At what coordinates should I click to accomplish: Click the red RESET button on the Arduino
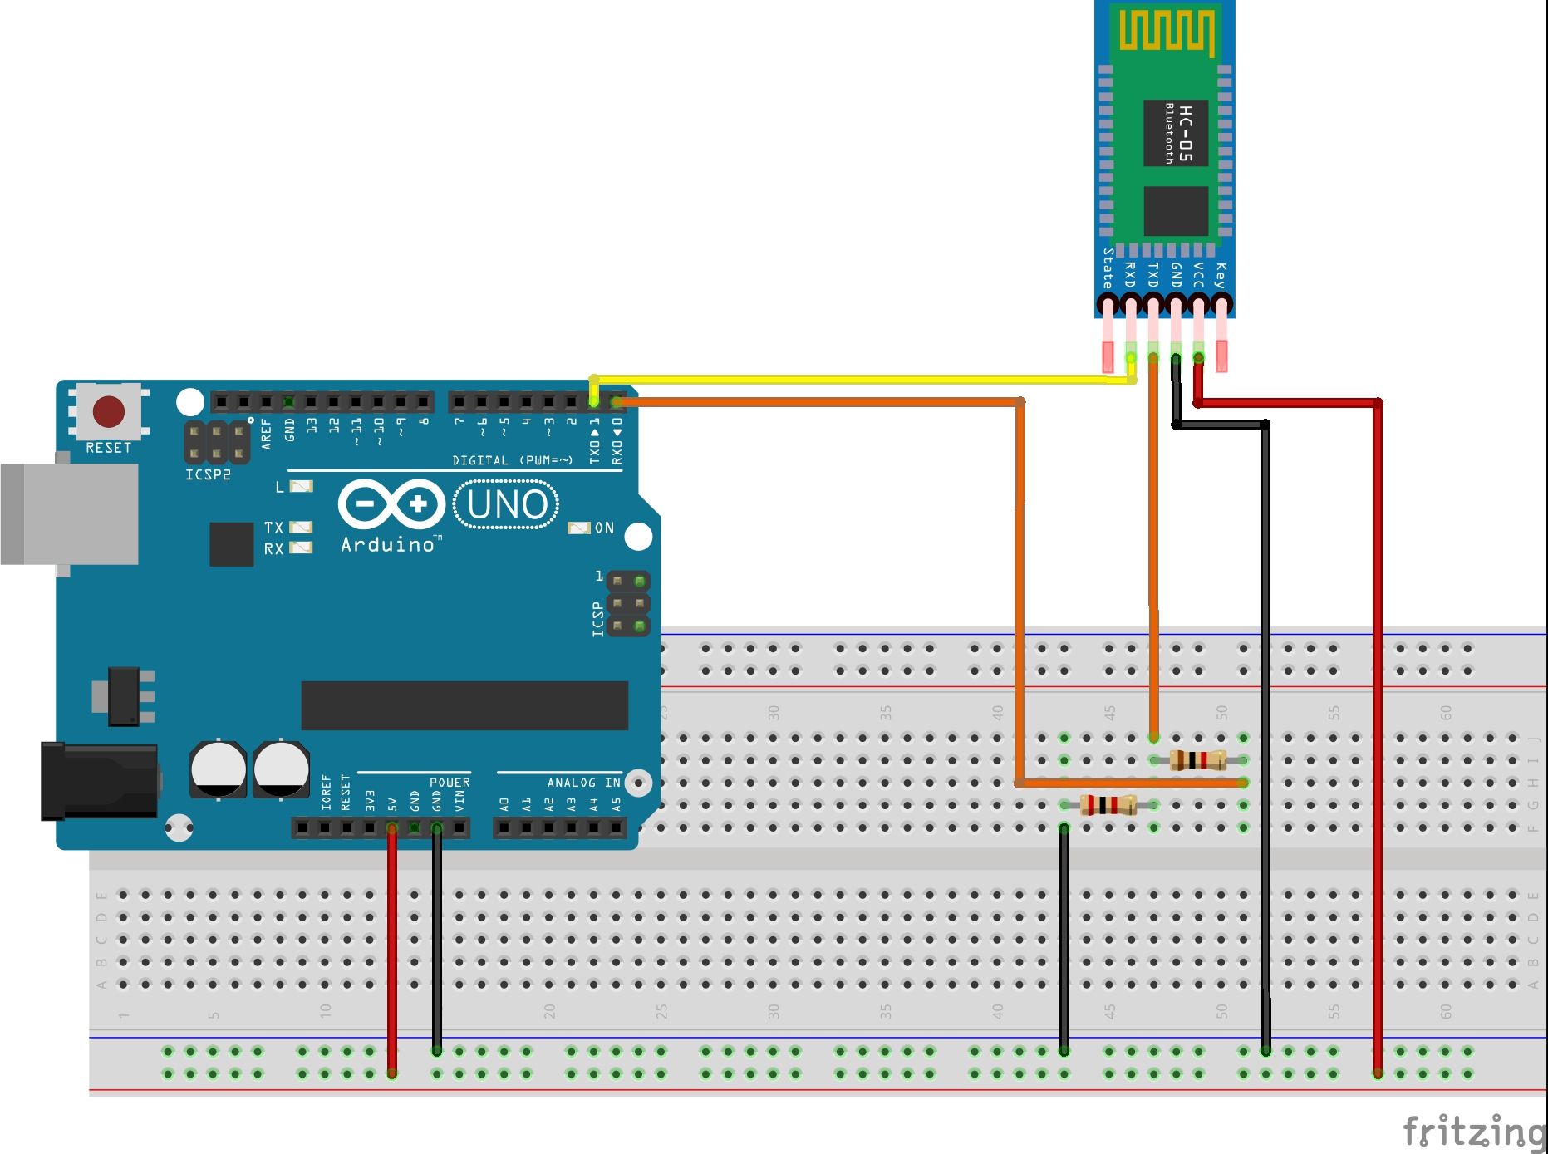tap(109, 411)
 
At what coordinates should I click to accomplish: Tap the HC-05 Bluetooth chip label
tap(1176, 133)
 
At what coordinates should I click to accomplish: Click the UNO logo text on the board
tap(507, 504)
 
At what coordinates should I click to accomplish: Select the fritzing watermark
tap(1472, 1132)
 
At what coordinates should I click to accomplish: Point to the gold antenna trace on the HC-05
tap(1167, 32)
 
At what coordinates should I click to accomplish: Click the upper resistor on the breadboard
tap(1197, 759)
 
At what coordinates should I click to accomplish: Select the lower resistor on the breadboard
tap(1108, 804)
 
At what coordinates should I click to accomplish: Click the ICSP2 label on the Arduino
tap(208, 474)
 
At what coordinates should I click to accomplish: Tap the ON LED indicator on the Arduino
tap(579, 528)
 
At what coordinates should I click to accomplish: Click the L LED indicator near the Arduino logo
tap(301, 487)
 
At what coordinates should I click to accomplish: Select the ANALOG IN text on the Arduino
tap(583, 783)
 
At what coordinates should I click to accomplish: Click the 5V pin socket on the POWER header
tap(391, 827)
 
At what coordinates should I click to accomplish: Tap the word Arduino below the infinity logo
tap(388, 545)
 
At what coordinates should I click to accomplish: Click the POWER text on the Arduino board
tap(450, 783)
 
